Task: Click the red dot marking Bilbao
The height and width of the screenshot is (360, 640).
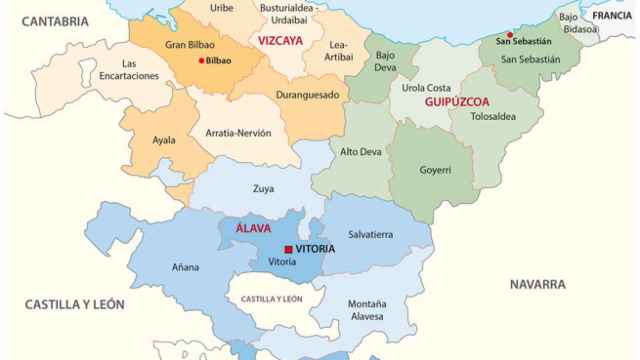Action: coord(202,60)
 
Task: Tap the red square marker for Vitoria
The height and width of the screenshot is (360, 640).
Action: coord(288,249)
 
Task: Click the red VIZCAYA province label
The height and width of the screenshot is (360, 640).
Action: coord(280,42)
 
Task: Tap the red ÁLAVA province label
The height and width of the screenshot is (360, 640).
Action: coord(253,228)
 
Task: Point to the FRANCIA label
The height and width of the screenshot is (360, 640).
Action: coord(611,16)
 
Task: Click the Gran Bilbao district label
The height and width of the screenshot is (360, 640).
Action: coord(190,45)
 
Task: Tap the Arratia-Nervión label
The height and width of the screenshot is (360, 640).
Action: coord(237,132)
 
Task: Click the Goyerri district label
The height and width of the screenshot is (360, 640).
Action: coord(435,171)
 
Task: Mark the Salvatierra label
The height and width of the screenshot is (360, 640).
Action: coord(370,234)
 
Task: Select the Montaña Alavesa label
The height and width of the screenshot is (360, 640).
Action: coord(367,311)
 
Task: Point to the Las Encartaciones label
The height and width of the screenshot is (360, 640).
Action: coord(129,70)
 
